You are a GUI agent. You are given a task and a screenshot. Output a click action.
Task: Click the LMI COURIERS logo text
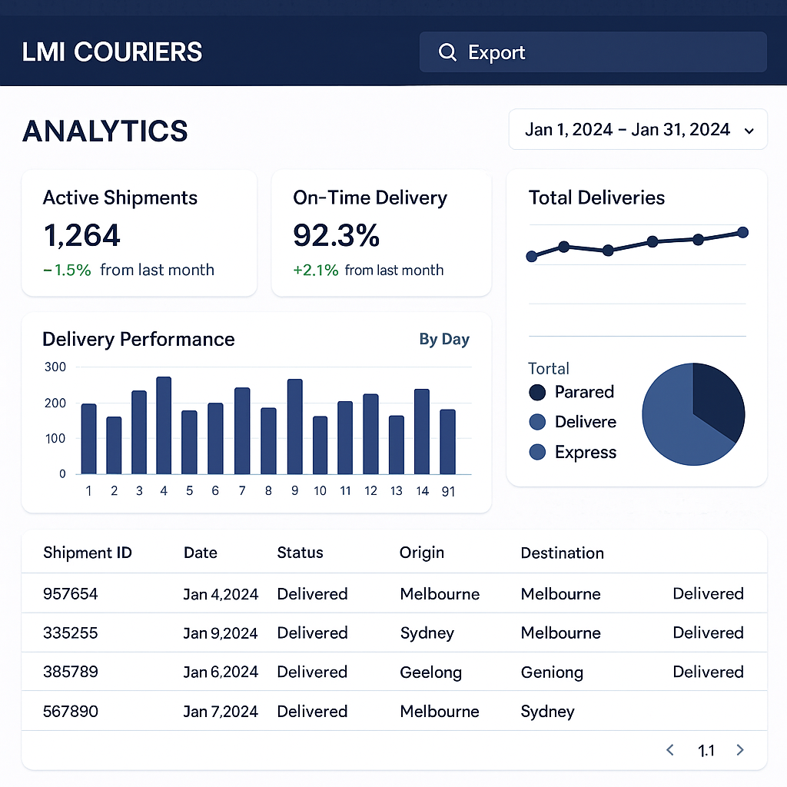[112, 52]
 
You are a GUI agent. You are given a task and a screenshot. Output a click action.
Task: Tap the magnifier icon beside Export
[447, 52]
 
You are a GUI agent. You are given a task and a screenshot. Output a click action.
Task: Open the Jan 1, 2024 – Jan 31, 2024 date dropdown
[637, 129]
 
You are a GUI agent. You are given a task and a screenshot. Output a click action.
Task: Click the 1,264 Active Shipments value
[82, 235]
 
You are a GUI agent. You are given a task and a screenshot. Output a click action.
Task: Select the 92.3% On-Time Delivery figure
[337, 235]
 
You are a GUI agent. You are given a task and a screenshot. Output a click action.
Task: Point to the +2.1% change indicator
[315, 270]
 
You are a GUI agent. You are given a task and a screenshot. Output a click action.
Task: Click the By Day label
[444, 339]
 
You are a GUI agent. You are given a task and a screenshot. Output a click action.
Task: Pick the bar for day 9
[294, 427]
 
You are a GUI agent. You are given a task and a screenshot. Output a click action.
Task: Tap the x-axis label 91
[448, 491]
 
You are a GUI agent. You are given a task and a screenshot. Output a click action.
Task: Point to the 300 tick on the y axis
[55, 367]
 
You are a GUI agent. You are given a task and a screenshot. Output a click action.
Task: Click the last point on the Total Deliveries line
[742, 232]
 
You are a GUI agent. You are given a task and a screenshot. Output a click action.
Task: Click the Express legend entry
[585, 452]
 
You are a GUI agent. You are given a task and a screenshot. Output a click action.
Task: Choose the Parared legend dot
[537, 392]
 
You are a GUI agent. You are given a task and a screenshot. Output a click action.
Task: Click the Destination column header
[562, 553]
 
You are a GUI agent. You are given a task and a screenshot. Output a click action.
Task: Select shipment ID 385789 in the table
[71, 672]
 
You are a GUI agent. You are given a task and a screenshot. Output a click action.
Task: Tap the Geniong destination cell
[552, 672]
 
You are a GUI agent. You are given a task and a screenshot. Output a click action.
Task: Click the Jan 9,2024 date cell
[221, 633]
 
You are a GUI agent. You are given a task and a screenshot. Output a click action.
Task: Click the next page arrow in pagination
[740, 750]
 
